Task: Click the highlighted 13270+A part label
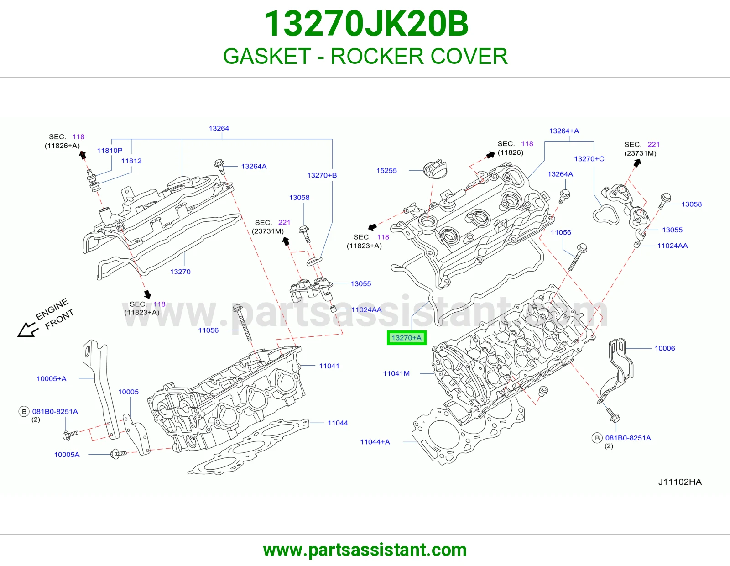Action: pos(407,338)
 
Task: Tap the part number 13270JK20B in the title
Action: pos(366,24)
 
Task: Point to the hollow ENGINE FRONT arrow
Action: pos(26,330)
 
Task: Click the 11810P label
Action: pos(109,151)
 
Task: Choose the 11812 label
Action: pos(131,161)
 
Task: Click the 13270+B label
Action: pos(322,175)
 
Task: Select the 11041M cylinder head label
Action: pos(396,373)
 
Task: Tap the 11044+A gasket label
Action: pos(375,442)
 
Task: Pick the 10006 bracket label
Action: pos(665,348)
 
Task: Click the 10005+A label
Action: pos(52,379)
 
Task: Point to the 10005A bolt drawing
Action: pos(118,454)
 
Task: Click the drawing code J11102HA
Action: pos(680,482)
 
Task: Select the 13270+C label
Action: pos(589,159)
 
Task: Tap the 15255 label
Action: pos(386,170)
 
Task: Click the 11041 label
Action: pos(329,366)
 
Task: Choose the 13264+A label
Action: pos(564,131)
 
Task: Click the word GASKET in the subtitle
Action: pos(267,56)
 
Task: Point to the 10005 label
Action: pos(128,392)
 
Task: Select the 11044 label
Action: pos(338,423)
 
